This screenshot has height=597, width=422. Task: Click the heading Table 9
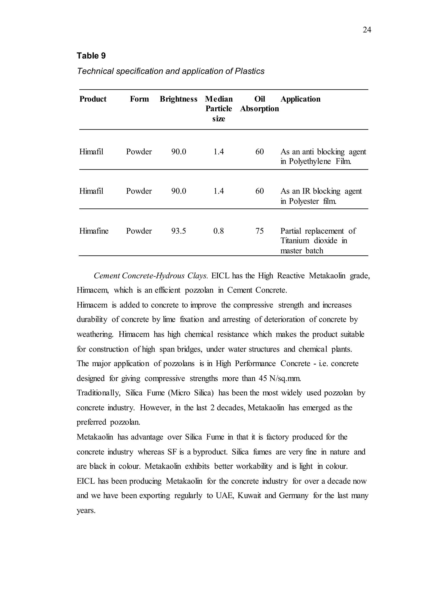click(91, 56)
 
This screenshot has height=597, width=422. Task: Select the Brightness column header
click(178, 99)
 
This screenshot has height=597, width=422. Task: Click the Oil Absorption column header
click(259, 104)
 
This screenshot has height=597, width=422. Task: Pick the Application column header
click(300, 99)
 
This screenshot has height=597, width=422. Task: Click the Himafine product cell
click(94, 231)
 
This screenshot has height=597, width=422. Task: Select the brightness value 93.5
click(178, 231)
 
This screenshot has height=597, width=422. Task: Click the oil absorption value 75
click(259, 231)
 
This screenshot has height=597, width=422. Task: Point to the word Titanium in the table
click(295, 241)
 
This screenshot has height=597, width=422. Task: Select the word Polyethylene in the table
click(310, 161)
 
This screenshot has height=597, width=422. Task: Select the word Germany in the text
click(293, 496)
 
